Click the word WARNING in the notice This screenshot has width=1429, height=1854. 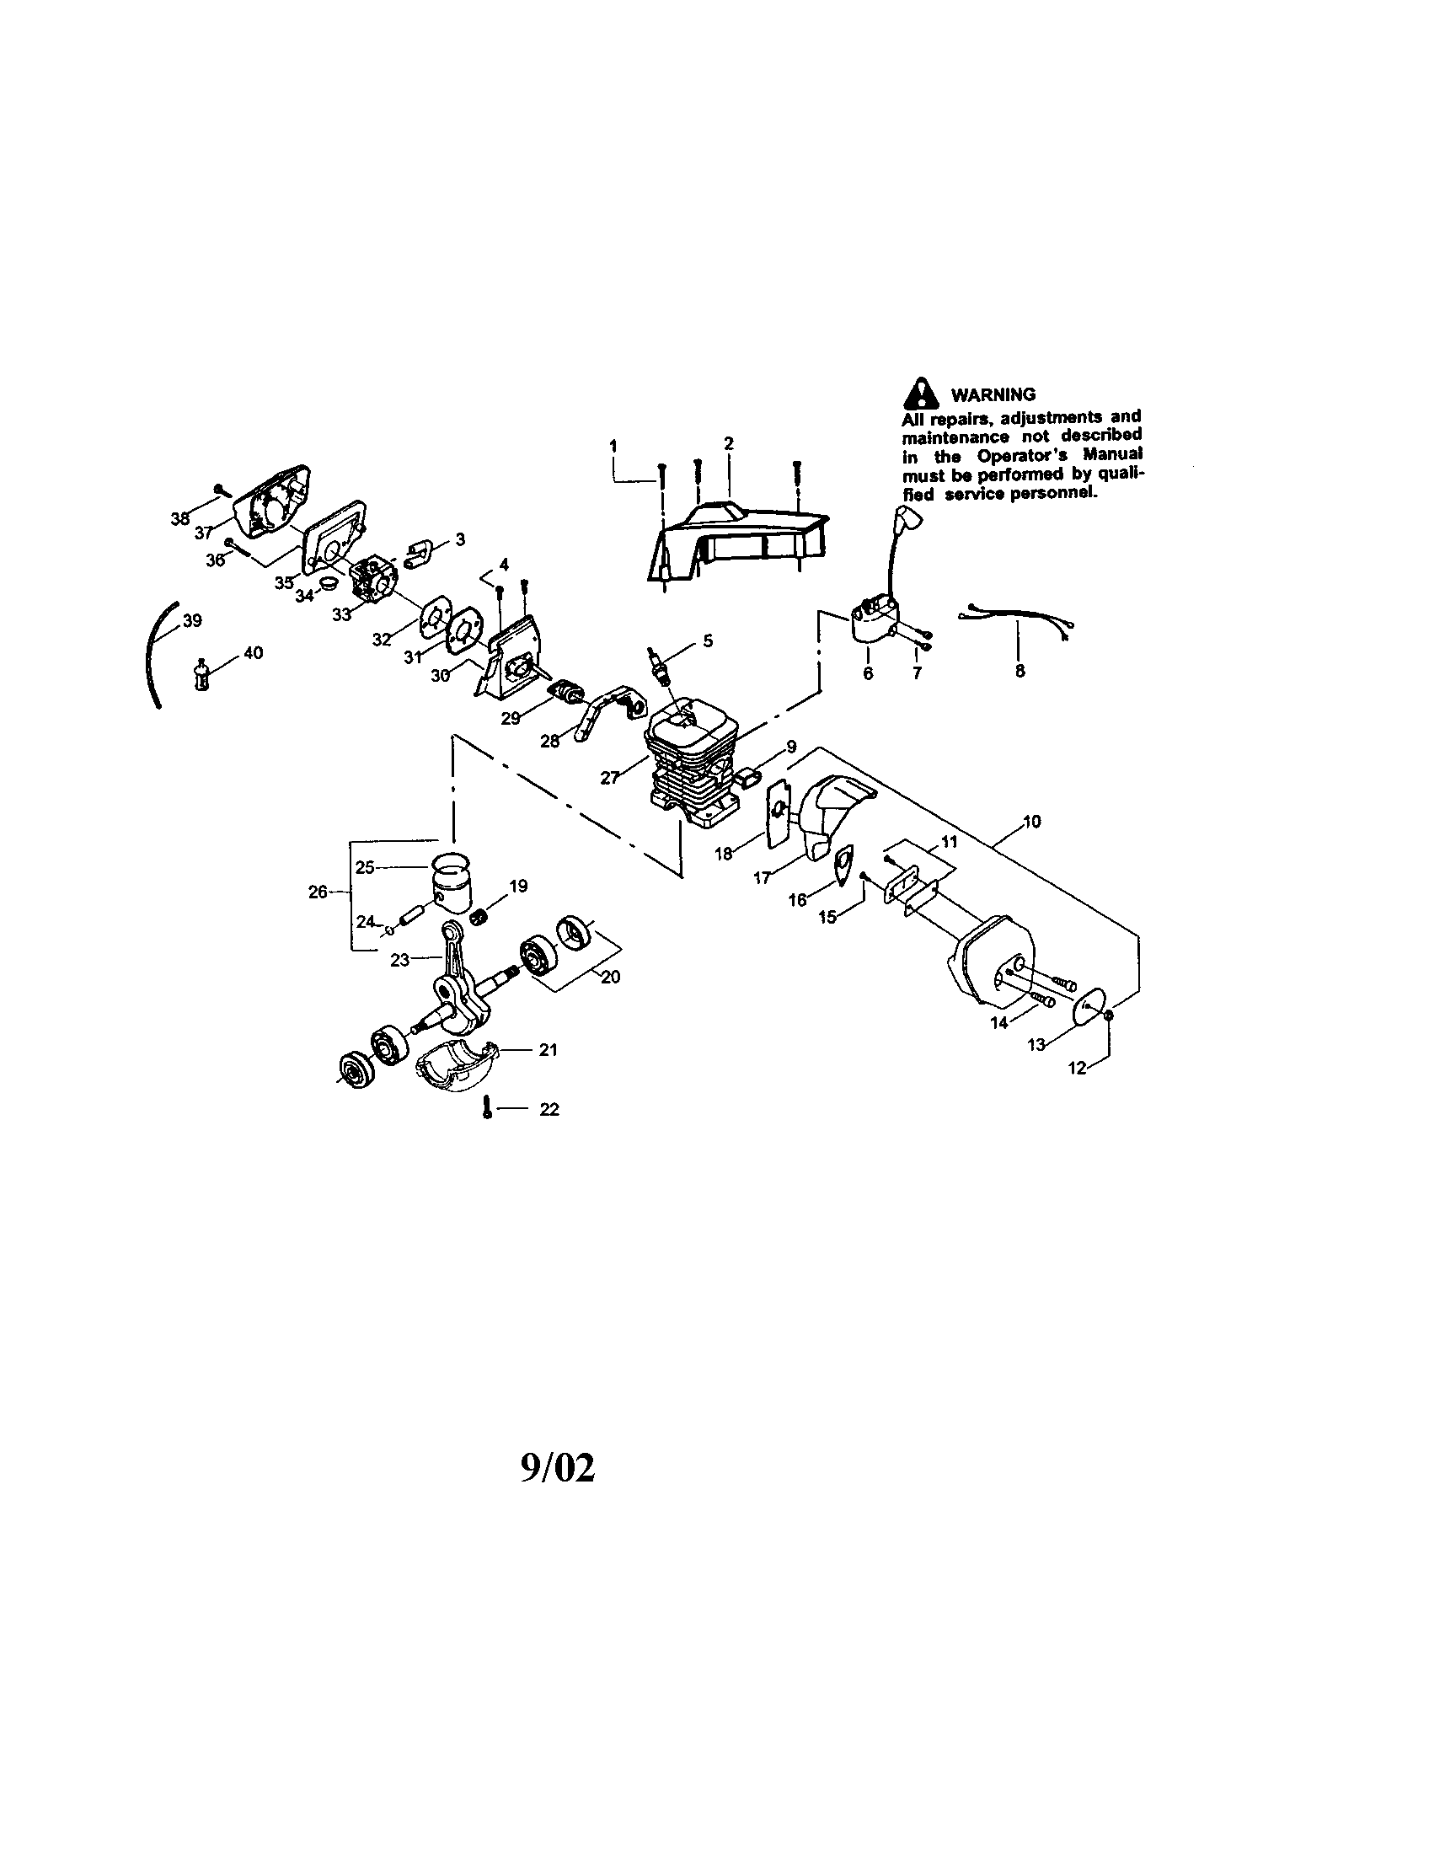coord(993,394)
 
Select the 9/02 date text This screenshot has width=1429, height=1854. coord(558,1468)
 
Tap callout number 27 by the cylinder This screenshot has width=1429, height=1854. coord(609,777)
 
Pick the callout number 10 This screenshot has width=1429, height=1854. coord(1032,822)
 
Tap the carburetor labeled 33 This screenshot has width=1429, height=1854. coord(374,579)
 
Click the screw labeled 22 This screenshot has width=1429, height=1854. coord(487,1107)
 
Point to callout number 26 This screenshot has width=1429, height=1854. coord(318,892)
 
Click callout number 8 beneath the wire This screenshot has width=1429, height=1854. coord(1020,671)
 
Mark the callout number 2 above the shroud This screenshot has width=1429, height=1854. coord(728,443)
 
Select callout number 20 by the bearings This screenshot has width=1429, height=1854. coord(609,977)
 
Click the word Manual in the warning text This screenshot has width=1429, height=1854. coord(1114,455)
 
